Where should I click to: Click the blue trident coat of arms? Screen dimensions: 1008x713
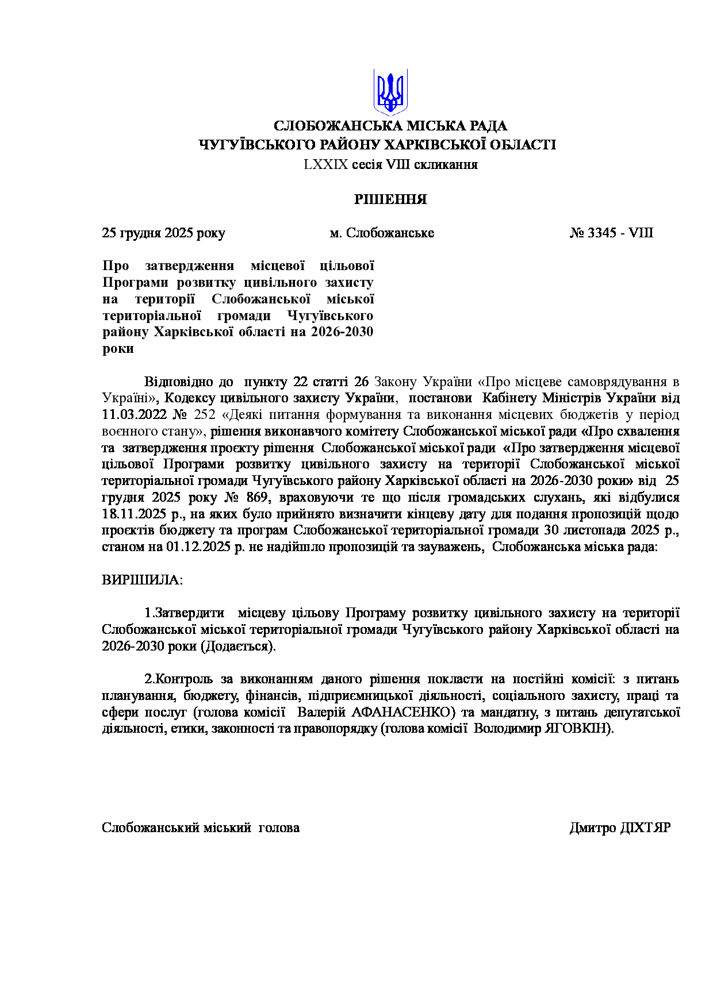[390, 93]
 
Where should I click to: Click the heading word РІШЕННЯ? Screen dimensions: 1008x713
[390, 200]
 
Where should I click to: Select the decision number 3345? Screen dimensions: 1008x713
[602, 233]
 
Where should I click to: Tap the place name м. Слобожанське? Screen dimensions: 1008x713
[382, 233]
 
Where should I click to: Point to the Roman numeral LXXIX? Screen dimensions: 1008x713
[326, 165]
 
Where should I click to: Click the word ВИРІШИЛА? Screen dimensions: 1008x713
[141, 580]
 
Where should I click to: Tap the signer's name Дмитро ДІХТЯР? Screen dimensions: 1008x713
[620, 828]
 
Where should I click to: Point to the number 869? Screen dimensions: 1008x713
[257, 498]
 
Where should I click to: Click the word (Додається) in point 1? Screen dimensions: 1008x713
[238, 647]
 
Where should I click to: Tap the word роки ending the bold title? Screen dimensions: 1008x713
[118, 349]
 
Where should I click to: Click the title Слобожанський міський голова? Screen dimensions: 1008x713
[200, 828]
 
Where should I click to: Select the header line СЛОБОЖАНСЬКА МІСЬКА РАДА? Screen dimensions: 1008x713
[390, 126]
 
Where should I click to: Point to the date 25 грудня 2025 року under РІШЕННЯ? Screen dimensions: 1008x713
[163, 233]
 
